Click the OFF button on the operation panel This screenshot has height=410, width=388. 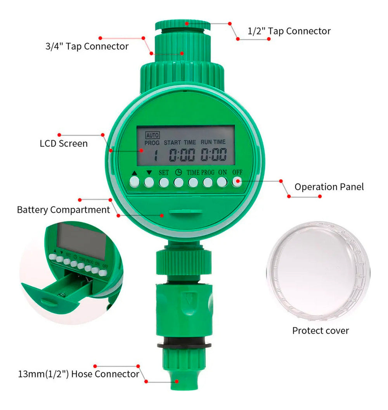(237, 182)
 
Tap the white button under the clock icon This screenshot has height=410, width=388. (178, 182)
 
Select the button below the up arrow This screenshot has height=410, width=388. (135, 181)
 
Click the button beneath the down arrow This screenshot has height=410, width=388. (149, 182)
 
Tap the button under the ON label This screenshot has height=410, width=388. (222, 182)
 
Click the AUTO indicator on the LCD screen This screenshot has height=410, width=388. (152, 135)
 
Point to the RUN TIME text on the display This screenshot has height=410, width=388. (213, 142)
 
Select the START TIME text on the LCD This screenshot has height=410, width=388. (180, 143)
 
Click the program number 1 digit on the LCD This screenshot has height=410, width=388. (156, 155)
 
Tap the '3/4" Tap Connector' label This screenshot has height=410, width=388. (87, 47)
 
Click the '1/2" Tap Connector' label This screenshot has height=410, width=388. (289, 31)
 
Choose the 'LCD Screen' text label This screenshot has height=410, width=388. (64, 143)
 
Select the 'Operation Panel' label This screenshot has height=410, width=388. (329, 187)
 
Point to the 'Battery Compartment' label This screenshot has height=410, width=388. (63, 210)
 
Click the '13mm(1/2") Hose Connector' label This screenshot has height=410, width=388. (78, 374)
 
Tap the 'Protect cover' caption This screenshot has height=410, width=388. (320, 331)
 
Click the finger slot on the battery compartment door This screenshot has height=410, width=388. (185, 212)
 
